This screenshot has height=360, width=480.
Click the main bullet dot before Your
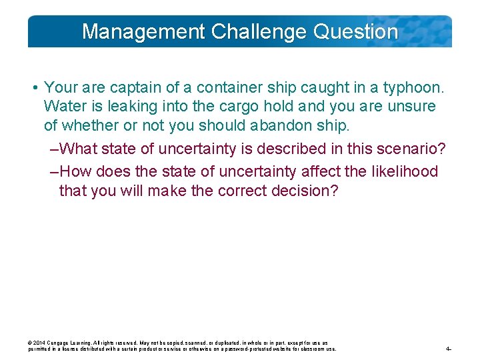(x=33, y=88)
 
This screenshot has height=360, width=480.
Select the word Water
(x=63, y=106)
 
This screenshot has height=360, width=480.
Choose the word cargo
(x=229, y=106)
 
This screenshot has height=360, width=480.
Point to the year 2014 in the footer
(x=40, y=343)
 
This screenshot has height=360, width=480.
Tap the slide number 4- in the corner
(x=449, y=349)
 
